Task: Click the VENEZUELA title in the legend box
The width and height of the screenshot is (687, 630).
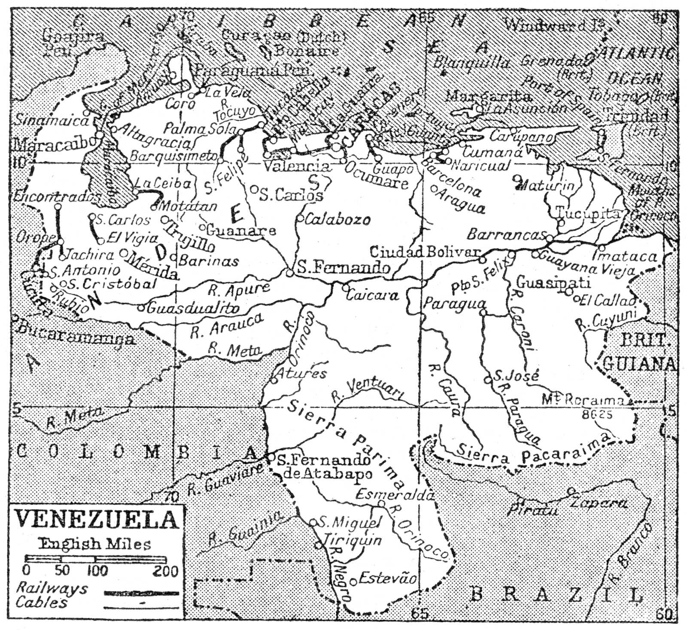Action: tap(97, 520)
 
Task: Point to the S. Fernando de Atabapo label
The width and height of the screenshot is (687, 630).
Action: tap(323, 467)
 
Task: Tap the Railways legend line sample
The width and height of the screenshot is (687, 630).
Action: tap(141, 593)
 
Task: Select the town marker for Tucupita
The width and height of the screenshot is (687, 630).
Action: tap(561, 222)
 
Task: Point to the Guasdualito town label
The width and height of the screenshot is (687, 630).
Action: tap(193, 307)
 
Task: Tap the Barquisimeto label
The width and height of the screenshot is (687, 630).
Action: tap(174, 156)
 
